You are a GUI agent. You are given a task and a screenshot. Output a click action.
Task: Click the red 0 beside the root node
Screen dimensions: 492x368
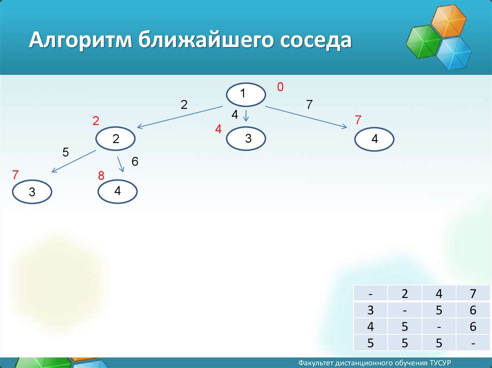click(x=280, y=87)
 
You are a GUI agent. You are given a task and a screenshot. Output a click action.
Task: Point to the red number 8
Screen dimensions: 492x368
click(x=101, y=176)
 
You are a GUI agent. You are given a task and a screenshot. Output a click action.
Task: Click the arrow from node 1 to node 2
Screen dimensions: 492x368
click(x=180, y=117)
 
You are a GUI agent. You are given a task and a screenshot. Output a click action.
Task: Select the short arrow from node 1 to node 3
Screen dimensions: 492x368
click(x=246, y=115)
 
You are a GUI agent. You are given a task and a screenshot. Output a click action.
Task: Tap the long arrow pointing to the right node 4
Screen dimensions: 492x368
click(x=306, y=117)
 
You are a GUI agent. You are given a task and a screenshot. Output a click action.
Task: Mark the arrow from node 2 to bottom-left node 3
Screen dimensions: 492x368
click(x=74, y=161)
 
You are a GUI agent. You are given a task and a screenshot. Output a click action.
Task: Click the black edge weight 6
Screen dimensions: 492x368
click(x=135, y=161)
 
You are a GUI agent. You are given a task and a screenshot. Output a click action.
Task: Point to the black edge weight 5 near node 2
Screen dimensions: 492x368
click(x=65, y=153)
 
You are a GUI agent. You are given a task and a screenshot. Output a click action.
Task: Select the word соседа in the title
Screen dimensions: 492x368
click(x=316, y=41)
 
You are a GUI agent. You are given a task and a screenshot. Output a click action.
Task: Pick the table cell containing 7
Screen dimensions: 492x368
click(x=473, y=294)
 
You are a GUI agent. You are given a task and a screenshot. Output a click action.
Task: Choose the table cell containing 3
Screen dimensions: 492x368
click(x=370, y=310)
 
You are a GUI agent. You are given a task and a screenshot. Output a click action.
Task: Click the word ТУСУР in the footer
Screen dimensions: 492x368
click(x=441, y=363)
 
